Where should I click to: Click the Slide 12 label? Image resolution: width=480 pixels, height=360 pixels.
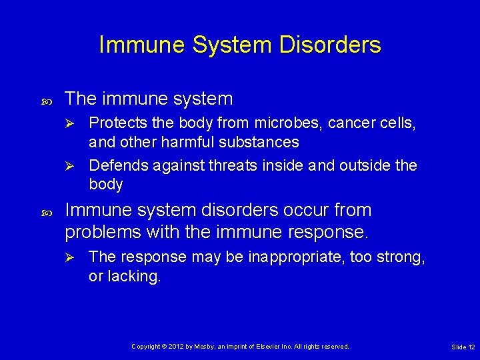pyautogui.click(x=463, y=347)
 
